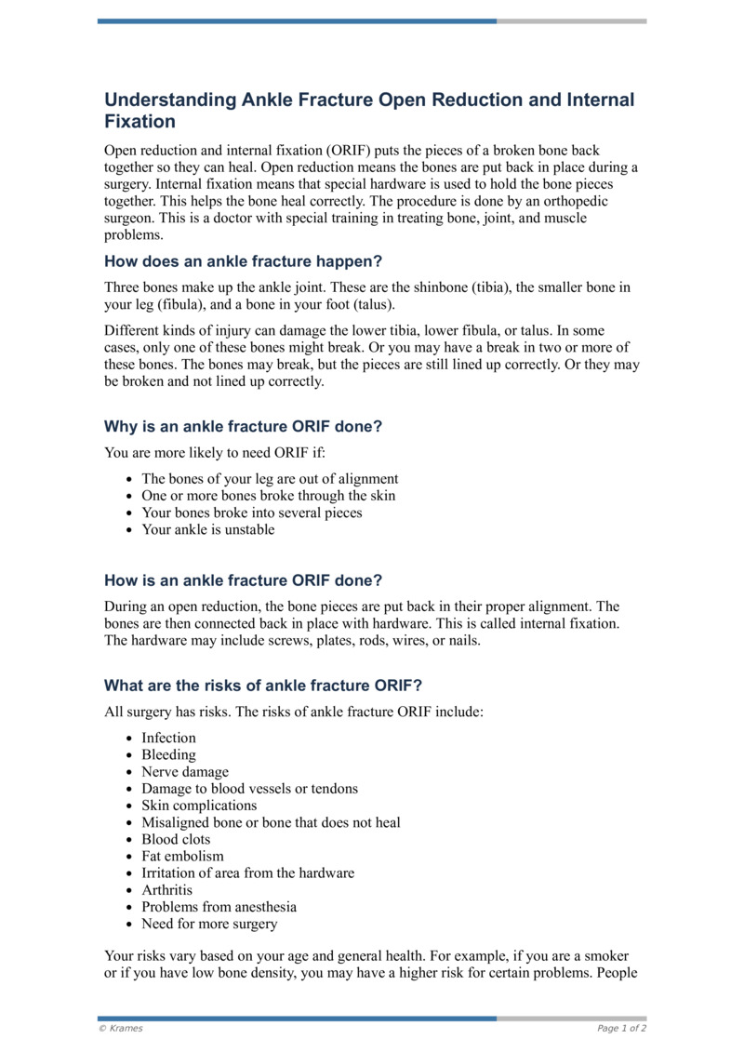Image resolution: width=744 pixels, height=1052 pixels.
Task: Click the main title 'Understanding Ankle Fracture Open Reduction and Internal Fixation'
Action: pos(369,110)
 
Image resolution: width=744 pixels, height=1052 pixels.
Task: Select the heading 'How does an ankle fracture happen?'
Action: pos(244,261)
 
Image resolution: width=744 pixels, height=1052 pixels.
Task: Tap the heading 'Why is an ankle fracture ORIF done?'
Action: pos(244,427)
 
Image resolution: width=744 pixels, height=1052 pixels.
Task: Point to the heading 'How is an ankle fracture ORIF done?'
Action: pos(243,580)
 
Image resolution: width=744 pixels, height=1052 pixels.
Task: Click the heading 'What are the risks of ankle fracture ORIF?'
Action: pos(263,686)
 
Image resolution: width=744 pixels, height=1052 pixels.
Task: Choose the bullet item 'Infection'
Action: pos(168,738)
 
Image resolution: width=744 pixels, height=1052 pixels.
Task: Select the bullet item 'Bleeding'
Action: pos(168,755)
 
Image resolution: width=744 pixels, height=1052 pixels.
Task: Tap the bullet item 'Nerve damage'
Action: pos(184,772)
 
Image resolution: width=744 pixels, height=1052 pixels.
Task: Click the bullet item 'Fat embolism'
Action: pos(182,856)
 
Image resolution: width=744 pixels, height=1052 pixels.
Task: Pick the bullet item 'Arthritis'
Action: pos(167,890)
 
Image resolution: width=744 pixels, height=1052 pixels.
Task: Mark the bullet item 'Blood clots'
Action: pos(176,839)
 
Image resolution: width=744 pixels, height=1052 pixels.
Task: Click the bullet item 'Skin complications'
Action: pos(199,806)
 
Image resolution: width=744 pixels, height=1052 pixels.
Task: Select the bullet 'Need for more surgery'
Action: pos(209,924)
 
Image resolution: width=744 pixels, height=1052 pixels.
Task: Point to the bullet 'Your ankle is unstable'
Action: pos(207,529)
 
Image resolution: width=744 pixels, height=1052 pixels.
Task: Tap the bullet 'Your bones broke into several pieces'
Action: pos(251,513)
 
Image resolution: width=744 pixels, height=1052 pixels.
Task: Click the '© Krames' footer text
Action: pos(121,1029)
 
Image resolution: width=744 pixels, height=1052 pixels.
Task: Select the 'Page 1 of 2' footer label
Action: pos(621,1029)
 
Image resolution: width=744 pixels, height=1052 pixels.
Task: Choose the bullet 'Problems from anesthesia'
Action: pos(219,907)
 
